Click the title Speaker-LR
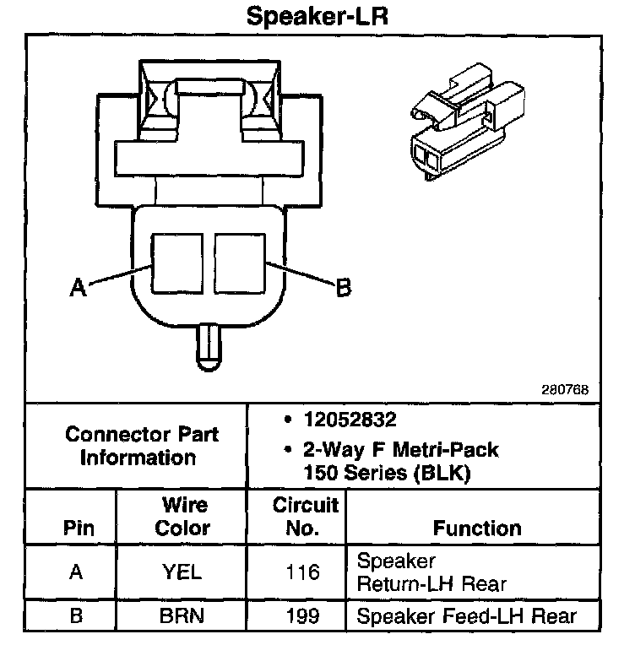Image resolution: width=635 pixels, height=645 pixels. [x=317, y=16]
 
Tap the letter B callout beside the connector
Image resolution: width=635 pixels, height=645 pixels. [x=343, y=288]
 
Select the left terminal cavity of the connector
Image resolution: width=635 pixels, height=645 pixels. [x=176, y=263]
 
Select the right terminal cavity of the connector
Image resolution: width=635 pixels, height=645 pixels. [x=239, y=263]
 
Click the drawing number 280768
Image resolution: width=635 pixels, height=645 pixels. [x=565, y=390]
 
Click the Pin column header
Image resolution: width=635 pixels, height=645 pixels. [x=79, y=528]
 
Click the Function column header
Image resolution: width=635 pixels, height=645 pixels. [x=476, y=528]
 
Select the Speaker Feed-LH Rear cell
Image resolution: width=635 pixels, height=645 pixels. [x=467, y=615]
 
